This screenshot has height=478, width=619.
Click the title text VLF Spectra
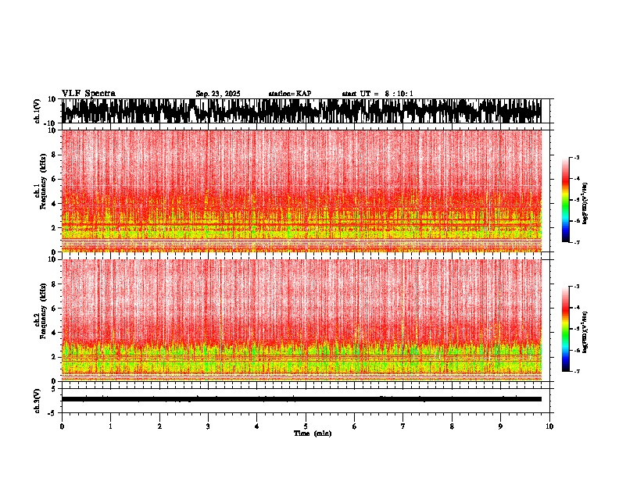click(x=88, y=93)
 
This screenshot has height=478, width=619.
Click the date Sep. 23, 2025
click(x=218, y=94)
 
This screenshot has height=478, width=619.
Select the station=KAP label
click(x=290, y=94)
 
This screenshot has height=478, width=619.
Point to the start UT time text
click(x=377, y=94)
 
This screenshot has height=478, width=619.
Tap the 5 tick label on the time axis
click(x=306, y=426)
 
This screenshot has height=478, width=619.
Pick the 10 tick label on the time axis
click(x=549, y=426)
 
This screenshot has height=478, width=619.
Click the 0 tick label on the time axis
click(x=62, y=426)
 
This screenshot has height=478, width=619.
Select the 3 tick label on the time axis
click(x=208, y=426)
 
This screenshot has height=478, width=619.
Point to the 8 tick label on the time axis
click(x=452, y=426)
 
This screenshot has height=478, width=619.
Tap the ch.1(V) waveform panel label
click(x=37, y=111)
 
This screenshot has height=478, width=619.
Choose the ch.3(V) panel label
click(x=37, y=399)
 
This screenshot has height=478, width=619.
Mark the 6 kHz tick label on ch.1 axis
click(x=54, y=179)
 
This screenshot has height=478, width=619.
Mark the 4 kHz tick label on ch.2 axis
click(x=54, y=332)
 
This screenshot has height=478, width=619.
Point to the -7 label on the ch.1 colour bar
click(x=577, y=243)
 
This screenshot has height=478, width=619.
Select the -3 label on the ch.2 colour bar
click(x=577, y=287)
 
